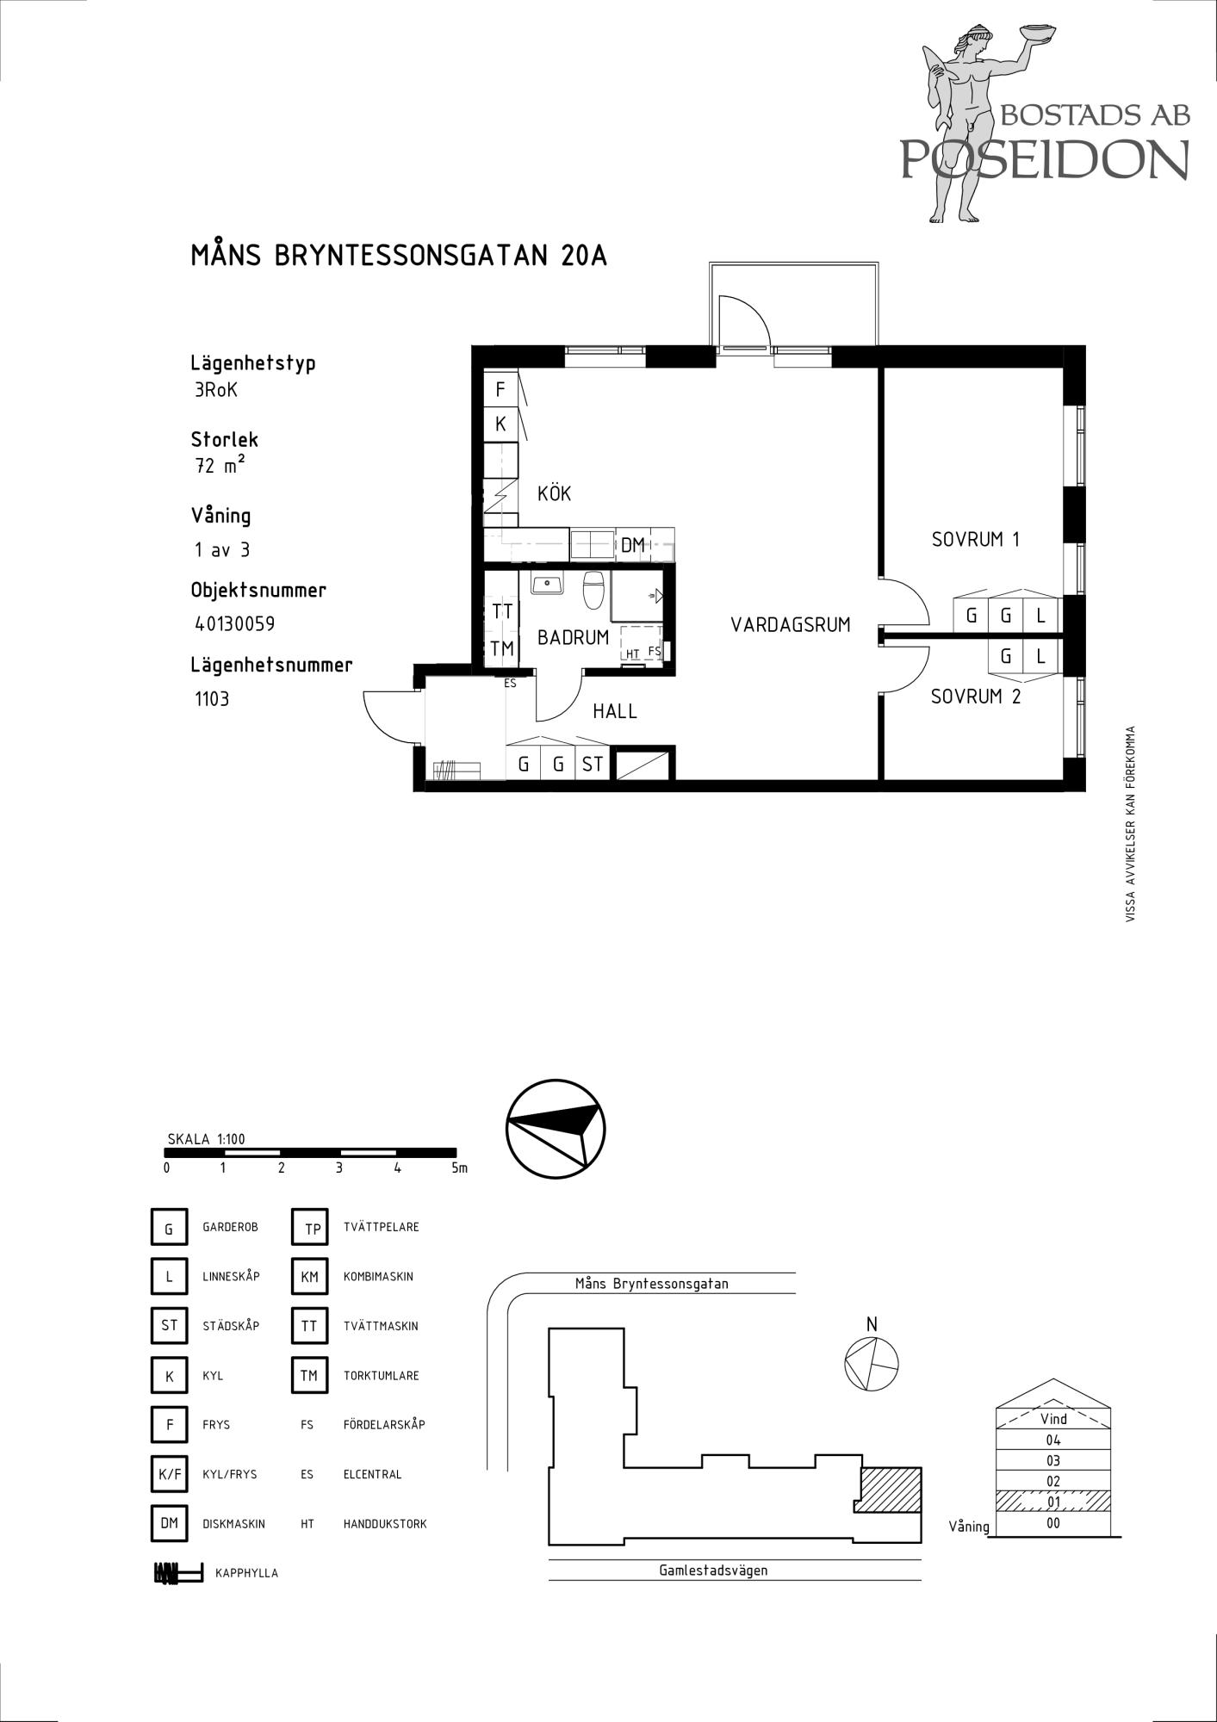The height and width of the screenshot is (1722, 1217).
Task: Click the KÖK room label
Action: tap(554, 493)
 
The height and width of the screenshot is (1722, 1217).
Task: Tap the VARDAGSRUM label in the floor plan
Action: tap(791, 624)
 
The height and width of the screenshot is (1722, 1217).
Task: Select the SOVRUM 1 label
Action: tap(975, 539)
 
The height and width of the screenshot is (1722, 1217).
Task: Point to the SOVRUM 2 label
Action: tap(976, 697)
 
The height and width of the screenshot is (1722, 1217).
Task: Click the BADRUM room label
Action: tap(573, 637)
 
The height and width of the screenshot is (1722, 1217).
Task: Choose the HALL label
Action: tap(615, 711)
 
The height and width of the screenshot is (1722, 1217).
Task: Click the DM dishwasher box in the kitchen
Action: tap(633, 544)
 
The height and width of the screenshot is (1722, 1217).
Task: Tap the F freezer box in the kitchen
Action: tap(500, 389)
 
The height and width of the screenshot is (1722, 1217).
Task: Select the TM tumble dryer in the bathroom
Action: tap(502, 648)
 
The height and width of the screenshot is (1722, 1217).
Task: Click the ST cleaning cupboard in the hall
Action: tap(593, 763)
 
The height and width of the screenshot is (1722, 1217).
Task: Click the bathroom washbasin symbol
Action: tap(547, 583)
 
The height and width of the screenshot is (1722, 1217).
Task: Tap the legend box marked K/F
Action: tap(170, 1473)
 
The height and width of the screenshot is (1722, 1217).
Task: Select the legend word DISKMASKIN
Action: tap(233, 1523)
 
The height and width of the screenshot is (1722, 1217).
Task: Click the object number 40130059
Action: tap(235, 623)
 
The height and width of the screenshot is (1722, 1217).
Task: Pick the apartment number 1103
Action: tap(212, 698)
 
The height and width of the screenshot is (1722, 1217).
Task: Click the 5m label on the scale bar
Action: tap(459, 1168)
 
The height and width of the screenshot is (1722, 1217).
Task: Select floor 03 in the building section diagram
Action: tap(1052, 1460)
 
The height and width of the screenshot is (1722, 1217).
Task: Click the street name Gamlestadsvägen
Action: tap(713, 1570)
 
